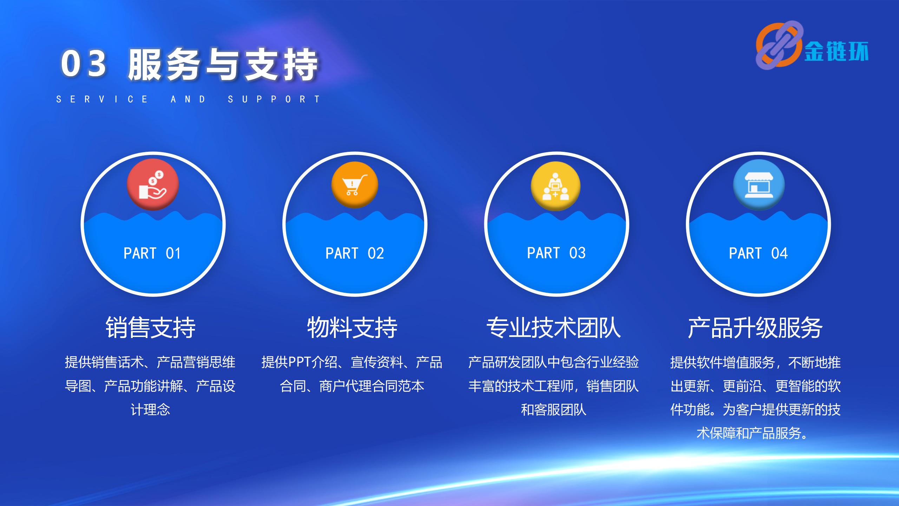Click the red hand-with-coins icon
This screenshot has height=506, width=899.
(153, 184)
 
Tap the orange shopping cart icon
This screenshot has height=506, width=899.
(355, 185)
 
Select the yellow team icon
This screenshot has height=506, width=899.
(555, 186)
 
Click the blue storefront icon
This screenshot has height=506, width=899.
(759, 185)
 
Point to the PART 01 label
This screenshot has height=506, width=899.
(152, 253)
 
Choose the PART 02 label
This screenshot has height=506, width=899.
(355, 253)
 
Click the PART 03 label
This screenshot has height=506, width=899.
(556, 253)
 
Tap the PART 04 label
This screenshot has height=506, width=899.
(758, 253)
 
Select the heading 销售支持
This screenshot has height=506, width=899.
(151, 327)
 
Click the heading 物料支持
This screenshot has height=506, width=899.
(352, 327)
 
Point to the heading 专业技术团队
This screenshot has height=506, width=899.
(554, 327)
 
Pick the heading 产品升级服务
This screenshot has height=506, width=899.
(755, 327)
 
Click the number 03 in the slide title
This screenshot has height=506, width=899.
(84, 64)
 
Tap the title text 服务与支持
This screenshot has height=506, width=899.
(223, 64)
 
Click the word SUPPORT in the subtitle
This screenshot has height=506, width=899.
(274, 99)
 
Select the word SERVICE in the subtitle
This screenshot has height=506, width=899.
(102, 99)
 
